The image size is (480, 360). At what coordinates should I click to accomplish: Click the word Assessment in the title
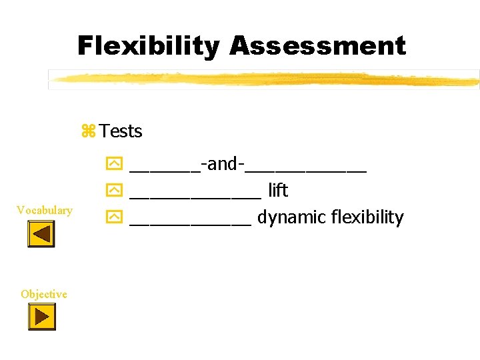[x=317, y=47]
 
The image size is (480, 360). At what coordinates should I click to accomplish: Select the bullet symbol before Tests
[x=89, y=131]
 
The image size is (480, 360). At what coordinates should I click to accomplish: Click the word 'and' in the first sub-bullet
[x=223, y=164]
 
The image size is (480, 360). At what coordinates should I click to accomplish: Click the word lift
[x=277, y=191]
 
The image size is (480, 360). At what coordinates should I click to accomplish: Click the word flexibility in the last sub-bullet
[x=363, y=218]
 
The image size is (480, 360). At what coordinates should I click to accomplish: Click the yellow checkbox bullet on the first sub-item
[x=114, y=165]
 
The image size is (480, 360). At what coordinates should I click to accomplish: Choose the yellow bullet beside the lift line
[x=114, y=191]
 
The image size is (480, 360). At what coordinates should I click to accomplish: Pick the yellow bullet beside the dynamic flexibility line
[x=114, y=218]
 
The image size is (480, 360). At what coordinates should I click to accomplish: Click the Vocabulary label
[x=45, y=211]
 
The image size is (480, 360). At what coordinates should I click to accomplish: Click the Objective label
[x=44, y=294]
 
